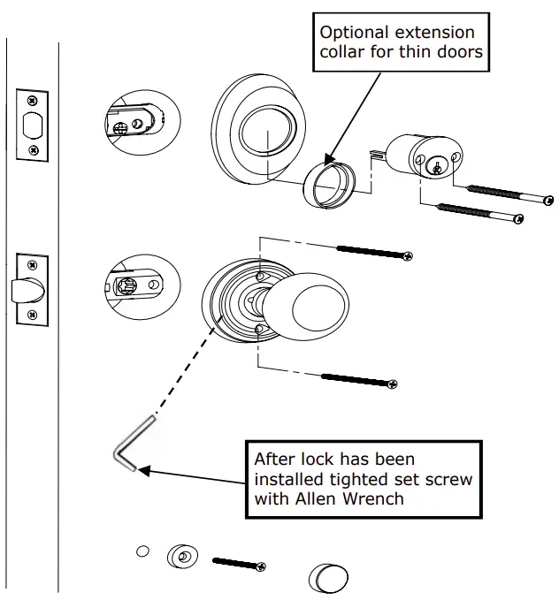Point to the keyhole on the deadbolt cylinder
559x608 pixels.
[x=435, y=166]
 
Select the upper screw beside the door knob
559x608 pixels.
[x=372, y=253]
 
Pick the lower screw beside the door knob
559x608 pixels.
[x=359, y=381]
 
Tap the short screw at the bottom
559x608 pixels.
[x=239, y=563]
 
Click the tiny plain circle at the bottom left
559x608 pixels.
[x=142, y=552]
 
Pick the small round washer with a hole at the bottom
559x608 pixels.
[x=181, y=558]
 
